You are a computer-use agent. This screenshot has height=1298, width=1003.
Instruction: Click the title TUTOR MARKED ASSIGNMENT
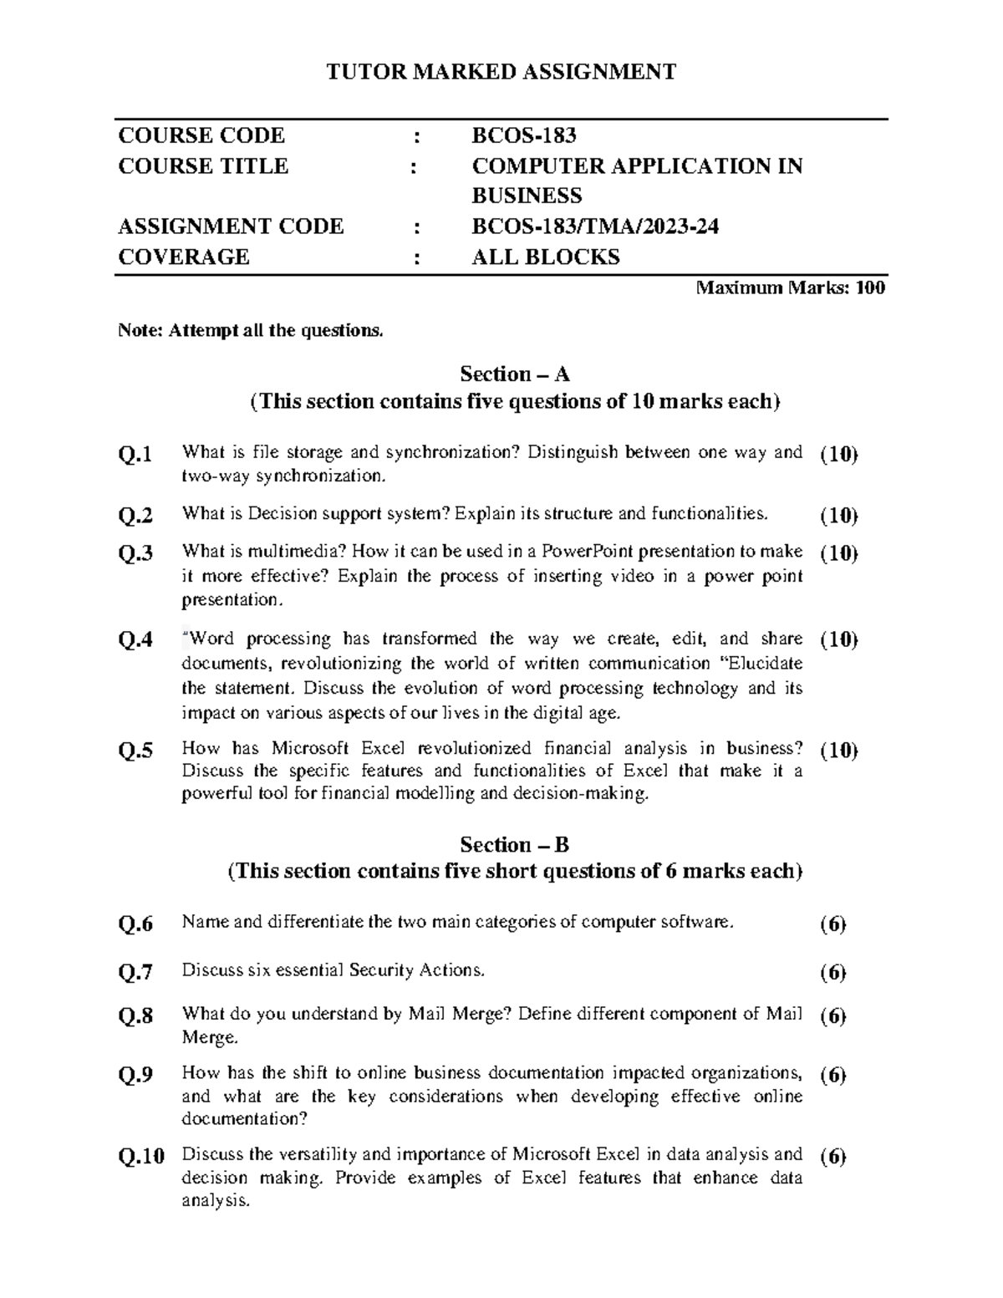coord(501,72)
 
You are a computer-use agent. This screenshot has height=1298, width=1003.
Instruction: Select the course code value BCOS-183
coord(524,135)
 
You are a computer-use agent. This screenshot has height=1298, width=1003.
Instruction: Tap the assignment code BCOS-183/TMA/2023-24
coord(595,227)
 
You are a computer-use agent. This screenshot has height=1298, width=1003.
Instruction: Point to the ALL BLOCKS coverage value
coord(546,257)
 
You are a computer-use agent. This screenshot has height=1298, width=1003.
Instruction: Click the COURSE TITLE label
coord(203,165)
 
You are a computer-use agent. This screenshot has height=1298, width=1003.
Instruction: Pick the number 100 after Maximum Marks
coord(870,288)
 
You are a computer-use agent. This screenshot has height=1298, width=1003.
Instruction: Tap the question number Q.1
coord(135,455)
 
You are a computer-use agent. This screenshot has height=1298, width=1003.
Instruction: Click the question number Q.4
coord(135,641)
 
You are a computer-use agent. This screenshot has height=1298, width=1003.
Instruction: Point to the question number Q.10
coord(141,1157)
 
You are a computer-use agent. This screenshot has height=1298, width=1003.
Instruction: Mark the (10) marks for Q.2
coord(838,516)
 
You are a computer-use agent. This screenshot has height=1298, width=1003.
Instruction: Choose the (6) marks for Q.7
coord(832,972)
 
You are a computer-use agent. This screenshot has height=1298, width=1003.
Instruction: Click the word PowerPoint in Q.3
coord(581,552)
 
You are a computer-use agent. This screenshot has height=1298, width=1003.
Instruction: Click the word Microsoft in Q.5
coord(314,748)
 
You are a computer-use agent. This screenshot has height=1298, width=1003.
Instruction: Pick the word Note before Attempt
coord(139,331)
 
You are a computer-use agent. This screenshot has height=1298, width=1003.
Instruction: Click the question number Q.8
coord(135,1017)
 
